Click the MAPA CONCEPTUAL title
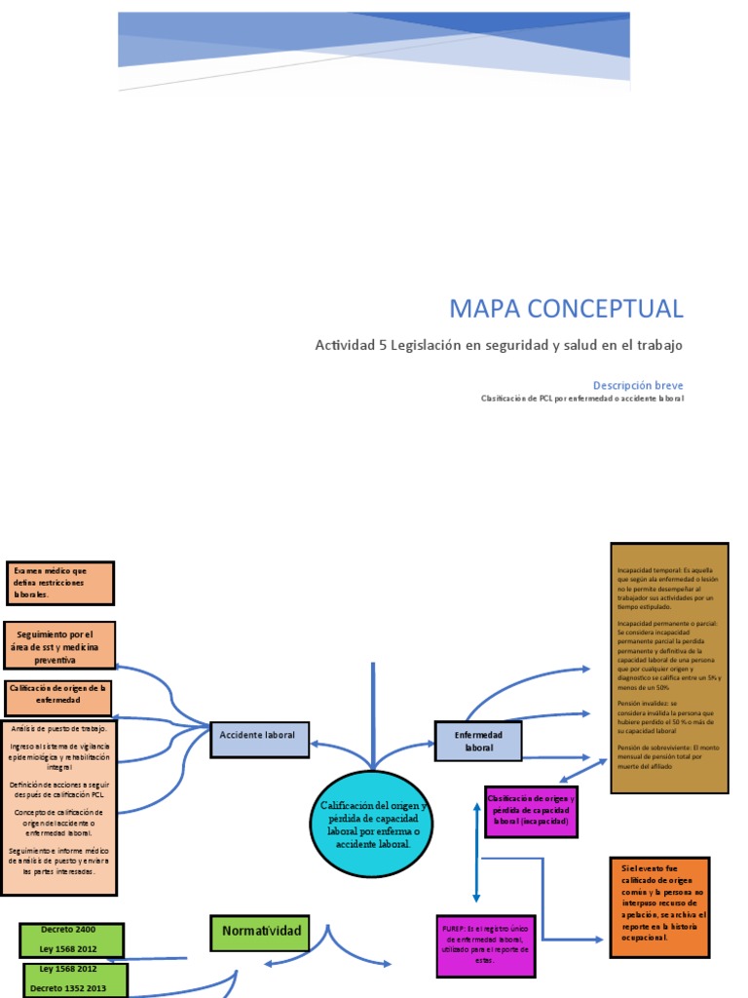click(566, 309)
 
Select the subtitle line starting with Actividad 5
click(499, 345)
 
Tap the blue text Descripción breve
click(638, 385)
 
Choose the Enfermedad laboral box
click(478, 741)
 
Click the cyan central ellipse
click(370, 824)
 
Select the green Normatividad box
click(260, 932)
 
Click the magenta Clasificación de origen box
click(531, 811)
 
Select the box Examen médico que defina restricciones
click(60, 582)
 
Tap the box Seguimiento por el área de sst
click(60, 646)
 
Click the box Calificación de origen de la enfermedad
click(58, 699)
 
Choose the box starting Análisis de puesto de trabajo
click(59, 807)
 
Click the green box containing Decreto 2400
click(72, 940)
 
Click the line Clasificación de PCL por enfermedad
click(582, 399)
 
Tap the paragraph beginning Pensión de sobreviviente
click(669, 756)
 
